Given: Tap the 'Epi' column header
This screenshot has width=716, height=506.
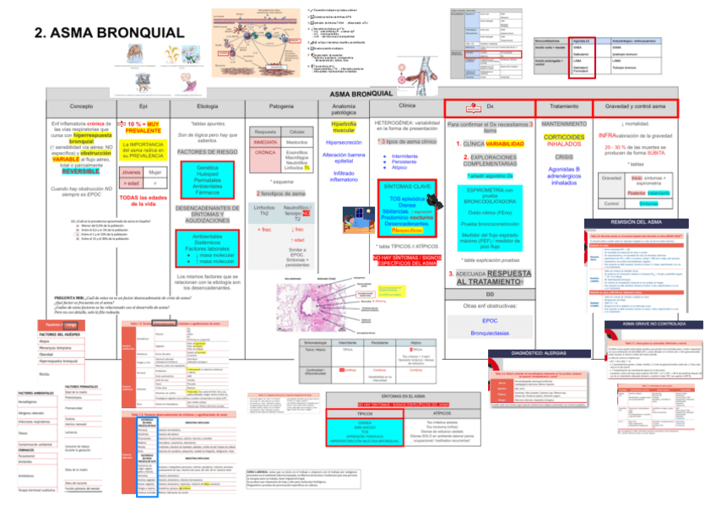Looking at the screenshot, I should pyautogui.click(x=144, y=106).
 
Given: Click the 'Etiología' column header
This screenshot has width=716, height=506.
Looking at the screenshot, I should pyautogui.click(x=206, y=106).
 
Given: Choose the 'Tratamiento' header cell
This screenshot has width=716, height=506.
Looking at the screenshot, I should pyautogui.click(x=563, y=107).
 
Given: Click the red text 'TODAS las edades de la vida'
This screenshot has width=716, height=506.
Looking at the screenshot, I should pyautogui.click(x=144, y=200).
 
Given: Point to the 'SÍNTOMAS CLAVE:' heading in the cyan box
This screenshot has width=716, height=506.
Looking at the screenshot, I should pyautogui.click(x=407, y=186).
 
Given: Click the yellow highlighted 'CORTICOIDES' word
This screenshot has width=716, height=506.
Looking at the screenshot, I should pyautogui.click(x=564, y=137).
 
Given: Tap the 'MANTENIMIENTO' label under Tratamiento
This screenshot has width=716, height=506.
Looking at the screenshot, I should pyautogui.click(x=564, y=123).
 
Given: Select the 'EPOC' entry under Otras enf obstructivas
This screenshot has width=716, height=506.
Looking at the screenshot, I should pyautogui.click(x=490, y=320).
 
